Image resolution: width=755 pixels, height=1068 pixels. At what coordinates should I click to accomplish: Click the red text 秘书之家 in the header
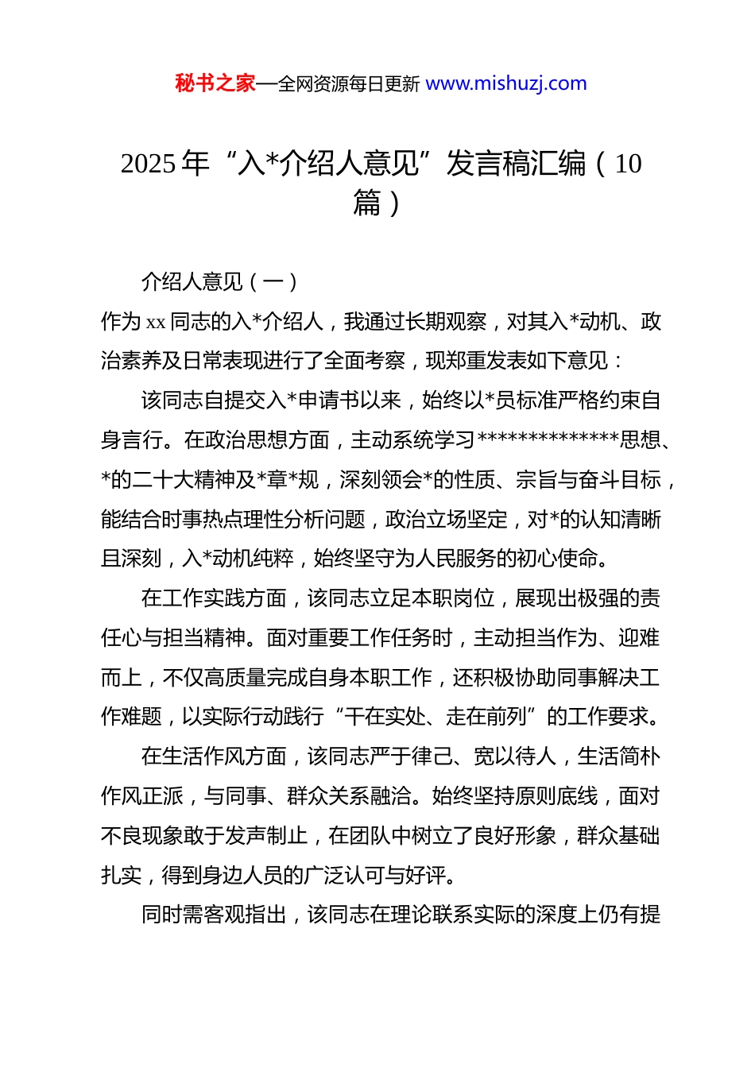[x=215, y=83]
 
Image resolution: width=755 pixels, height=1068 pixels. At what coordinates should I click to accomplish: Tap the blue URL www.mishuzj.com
[x=506, y=83]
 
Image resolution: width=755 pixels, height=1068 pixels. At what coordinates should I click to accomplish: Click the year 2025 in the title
[x=148, y=164]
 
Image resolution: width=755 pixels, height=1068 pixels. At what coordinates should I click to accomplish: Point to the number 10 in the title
[x=628, y=164]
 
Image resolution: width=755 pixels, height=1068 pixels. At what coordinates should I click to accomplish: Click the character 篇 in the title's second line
[x=367, y=203]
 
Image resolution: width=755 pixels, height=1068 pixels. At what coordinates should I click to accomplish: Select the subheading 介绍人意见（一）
[x=219, y=282]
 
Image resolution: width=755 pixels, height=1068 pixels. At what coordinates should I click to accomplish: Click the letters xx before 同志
[x=156, y=322]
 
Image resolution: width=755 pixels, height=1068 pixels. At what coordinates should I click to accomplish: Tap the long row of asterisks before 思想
[x=548, y=440]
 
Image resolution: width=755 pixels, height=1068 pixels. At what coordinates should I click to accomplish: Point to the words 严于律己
[x=422, y=756]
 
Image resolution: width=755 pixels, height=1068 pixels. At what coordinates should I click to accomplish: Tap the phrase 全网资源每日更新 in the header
[x=349, y=84]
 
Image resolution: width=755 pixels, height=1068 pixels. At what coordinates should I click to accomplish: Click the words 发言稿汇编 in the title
[x=516, y=164]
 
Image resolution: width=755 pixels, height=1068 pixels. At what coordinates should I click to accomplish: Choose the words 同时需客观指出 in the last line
[x=214, y=915]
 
